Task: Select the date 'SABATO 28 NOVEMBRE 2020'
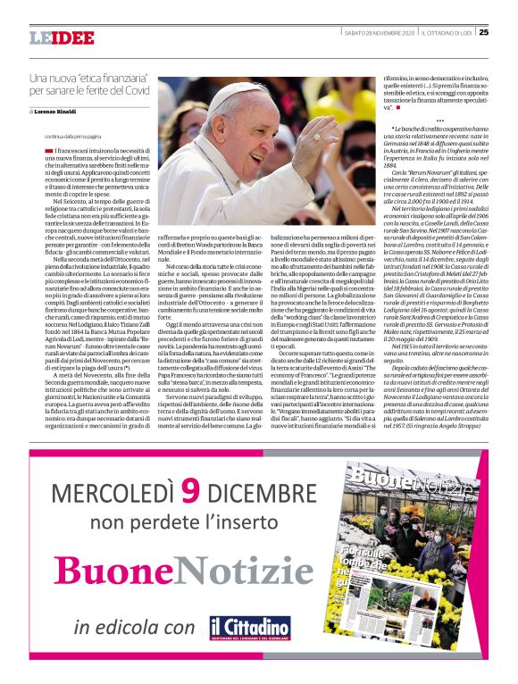point(375,34)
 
